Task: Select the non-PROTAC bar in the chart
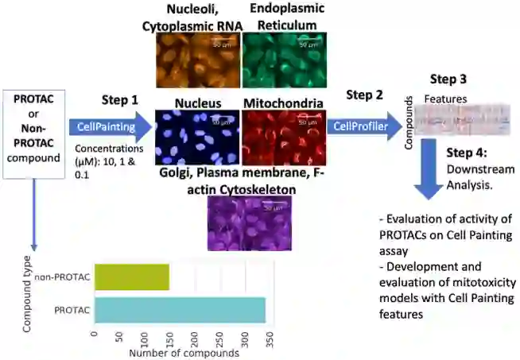(x=131, y=277)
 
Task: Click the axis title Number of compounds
(x=182, y=353)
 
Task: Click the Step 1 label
(x=119, y=100)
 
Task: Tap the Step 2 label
(x=365, y=95)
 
